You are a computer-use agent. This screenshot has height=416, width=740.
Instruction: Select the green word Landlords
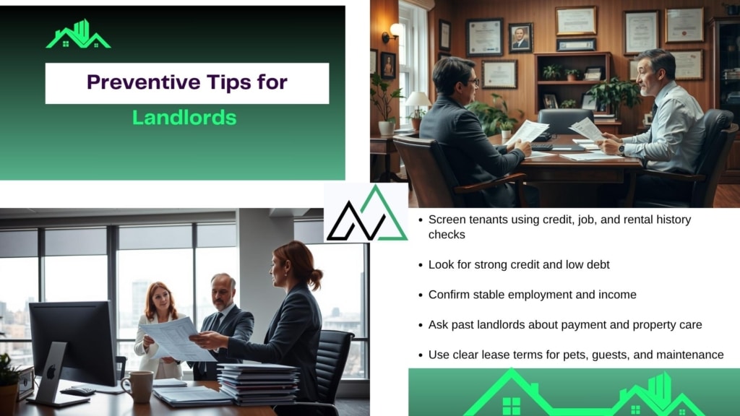(x=184, y=118)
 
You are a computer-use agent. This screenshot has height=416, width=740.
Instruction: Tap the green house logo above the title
(x=78, y=35)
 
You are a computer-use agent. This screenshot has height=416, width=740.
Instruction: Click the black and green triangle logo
(x=366, y=214)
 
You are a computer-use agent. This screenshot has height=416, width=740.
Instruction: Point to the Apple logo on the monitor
(x=51, y=372)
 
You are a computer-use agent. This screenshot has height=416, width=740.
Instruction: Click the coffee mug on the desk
(x=138, y=387)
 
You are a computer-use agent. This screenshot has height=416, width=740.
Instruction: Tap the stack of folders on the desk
(x=258, y=383)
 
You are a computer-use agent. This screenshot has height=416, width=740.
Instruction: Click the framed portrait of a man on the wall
(x=520, y=38)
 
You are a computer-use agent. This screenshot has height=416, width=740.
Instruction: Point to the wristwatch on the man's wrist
(x=622, y=149)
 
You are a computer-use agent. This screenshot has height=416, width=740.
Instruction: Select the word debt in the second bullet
(x=598, y=264)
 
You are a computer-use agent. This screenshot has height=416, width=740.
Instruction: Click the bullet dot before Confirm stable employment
(x=421, y=295)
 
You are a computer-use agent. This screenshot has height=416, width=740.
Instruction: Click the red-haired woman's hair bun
(x=315, y=279)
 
